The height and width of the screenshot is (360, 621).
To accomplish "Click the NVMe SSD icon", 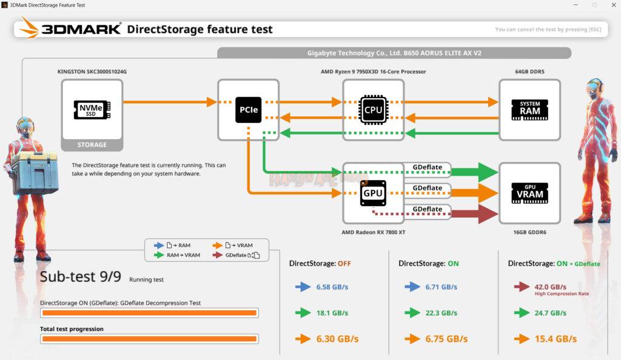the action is coord(92,110).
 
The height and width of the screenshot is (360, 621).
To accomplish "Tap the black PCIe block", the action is coord(248,110).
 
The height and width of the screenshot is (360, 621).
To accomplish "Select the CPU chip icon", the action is coord(373,110).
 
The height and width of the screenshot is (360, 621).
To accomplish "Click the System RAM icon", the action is coord(529,110).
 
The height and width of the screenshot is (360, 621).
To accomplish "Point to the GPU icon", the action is coord(373,193).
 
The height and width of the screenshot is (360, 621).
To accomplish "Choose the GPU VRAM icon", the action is coord(529,193).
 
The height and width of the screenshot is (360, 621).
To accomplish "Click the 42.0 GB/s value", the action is coord(550,287).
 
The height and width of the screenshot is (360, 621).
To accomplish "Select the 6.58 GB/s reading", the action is coord(332,287).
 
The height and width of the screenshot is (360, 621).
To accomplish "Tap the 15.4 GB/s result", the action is coord(556,339).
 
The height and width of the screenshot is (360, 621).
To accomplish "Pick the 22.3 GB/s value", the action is coord(441,313).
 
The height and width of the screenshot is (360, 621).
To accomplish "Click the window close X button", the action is coord(614,5).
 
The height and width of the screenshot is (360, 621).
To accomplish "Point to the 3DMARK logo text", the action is coord(81,29).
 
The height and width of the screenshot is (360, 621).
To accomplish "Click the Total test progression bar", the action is coord(149,339).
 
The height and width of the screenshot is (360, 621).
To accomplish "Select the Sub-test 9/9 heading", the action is coord(81,276).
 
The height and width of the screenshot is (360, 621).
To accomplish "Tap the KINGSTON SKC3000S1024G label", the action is coord(92,72).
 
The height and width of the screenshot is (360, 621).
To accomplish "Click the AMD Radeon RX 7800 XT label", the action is coord(373,232).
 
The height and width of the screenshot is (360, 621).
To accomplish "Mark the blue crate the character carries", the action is coord(35,173).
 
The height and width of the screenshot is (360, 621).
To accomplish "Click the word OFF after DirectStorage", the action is coord(344,264).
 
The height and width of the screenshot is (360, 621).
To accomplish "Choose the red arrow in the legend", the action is coord(218,255).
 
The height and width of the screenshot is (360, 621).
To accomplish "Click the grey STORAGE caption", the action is coord(92,145).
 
